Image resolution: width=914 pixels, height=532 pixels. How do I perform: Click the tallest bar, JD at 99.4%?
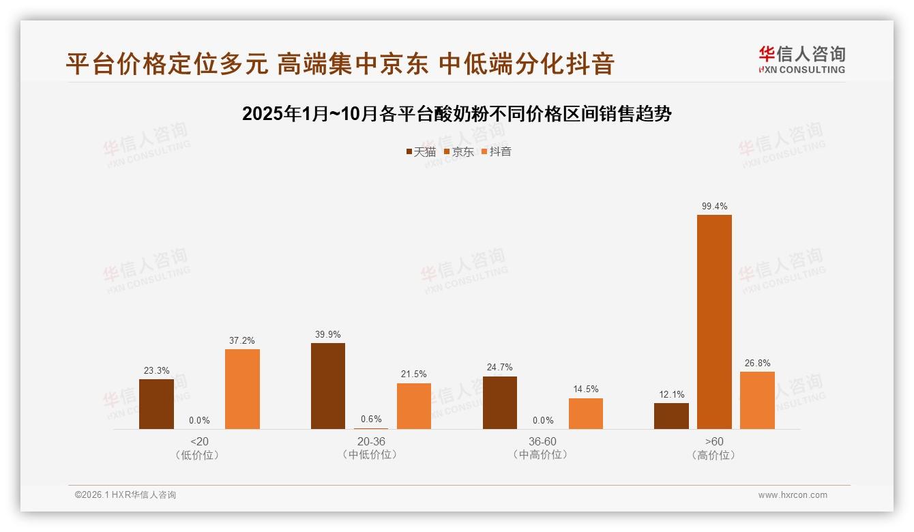[714, 321]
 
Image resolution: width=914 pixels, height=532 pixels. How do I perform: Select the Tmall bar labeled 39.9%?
[328, 385]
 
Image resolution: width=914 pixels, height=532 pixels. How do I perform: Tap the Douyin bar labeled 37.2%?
[242, 389]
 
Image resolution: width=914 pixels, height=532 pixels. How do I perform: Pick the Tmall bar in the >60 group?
[671, 415]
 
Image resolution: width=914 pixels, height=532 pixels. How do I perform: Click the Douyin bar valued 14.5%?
[586, 413]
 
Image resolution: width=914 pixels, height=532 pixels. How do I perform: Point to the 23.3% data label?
[156, 371]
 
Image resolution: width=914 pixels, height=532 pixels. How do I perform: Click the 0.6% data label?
[371, 419]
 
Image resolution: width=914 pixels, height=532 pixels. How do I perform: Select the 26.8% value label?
[757, 364]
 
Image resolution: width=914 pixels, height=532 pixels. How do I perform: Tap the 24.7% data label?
[499, 368]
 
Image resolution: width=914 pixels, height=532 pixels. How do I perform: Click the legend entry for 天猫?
[421, 152]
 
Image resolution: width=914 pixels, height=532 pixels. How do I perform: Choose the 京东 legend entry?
[459, 152]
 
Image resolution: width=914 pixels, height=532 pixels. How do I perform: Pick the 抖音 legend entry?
[497, 152]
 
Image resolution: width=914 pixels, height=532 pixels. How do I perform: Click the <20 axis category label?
[199, 441]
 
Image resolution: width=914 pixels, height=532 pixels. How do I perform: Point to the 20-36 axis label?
[371, 441]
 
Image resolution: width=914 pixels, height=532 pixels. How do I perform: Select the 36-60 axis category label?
[542, 441]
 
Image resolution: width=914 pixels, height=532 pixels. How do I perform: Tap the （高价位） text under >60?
[714, 455]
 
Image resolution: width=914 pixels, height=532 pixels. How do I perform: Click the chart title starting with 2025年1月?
[457, 114]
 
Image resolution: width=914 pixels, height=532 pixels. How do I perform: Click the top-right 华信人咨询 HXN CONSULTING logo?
[801, 60]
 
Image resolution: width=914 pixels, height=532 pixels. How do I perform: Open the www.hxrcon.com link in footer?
[793, 495]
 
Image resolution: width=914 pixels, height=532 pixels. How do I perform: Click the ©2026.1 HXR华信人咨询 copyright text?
[126, 495]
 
